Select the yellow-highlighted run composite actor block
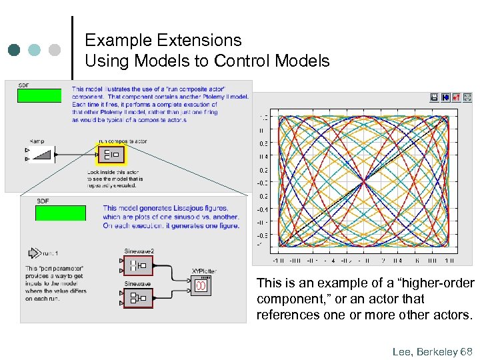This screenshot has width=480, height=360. (111, 155)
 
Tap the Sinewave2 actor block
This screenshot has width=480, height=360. (139, 265)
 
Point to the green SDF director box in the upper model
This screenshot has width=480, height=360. (39, 95)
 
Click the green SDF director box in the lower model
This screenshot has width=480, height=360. (61, 213)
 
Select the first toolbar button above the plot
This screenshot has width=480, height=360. (435, 97)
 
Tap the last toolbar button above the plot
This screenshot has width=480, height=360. (467, 97)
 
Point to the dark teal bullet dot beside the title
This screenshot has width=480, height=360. (15, 50)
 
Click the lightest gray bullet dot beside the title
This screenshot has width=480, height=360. (55, 50)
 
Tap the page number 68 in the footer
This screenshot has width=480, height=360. (466, 350)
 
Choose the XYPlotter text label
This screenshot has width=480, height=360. (205, 271)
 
